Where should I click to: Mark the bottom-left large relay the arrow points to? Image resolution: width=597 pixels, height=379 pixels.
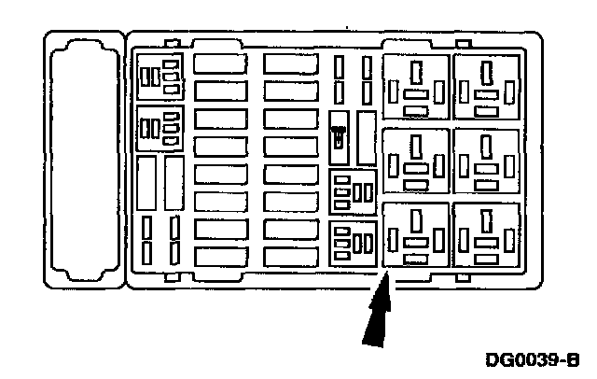pos(417,235)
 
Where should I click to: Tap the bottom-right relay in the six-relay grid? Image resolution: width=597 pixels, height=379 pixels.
pos(485,235)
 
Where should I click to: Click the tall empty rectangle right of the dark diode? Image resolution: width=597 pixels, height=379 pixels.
pos(367,134)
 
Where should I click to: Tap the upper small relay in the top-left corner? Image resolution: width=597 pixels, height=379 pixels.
pos(160,77)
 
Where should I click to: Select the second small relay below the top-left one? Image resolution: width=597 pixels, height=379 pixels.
pos(160,127)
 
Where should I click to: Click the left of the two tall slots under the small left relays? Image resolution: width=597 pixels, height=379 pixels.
pos(146,183)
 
